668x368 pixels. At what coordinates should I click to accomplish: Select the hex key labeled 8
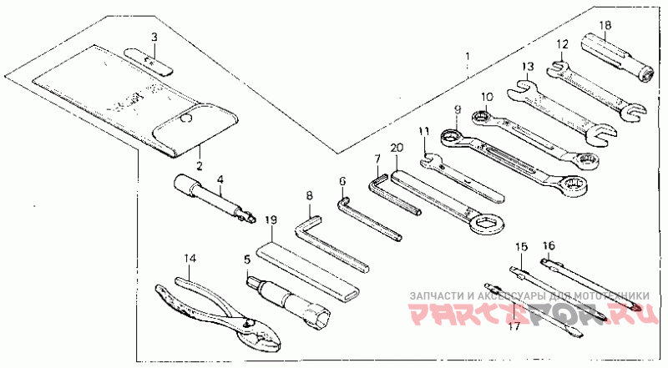[x=331, y=245]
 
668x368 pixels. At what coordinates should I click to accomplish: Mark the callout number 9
[x=458, y=109]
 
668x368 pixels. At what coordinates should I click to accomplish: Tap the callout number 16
[x=549, y=245]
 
